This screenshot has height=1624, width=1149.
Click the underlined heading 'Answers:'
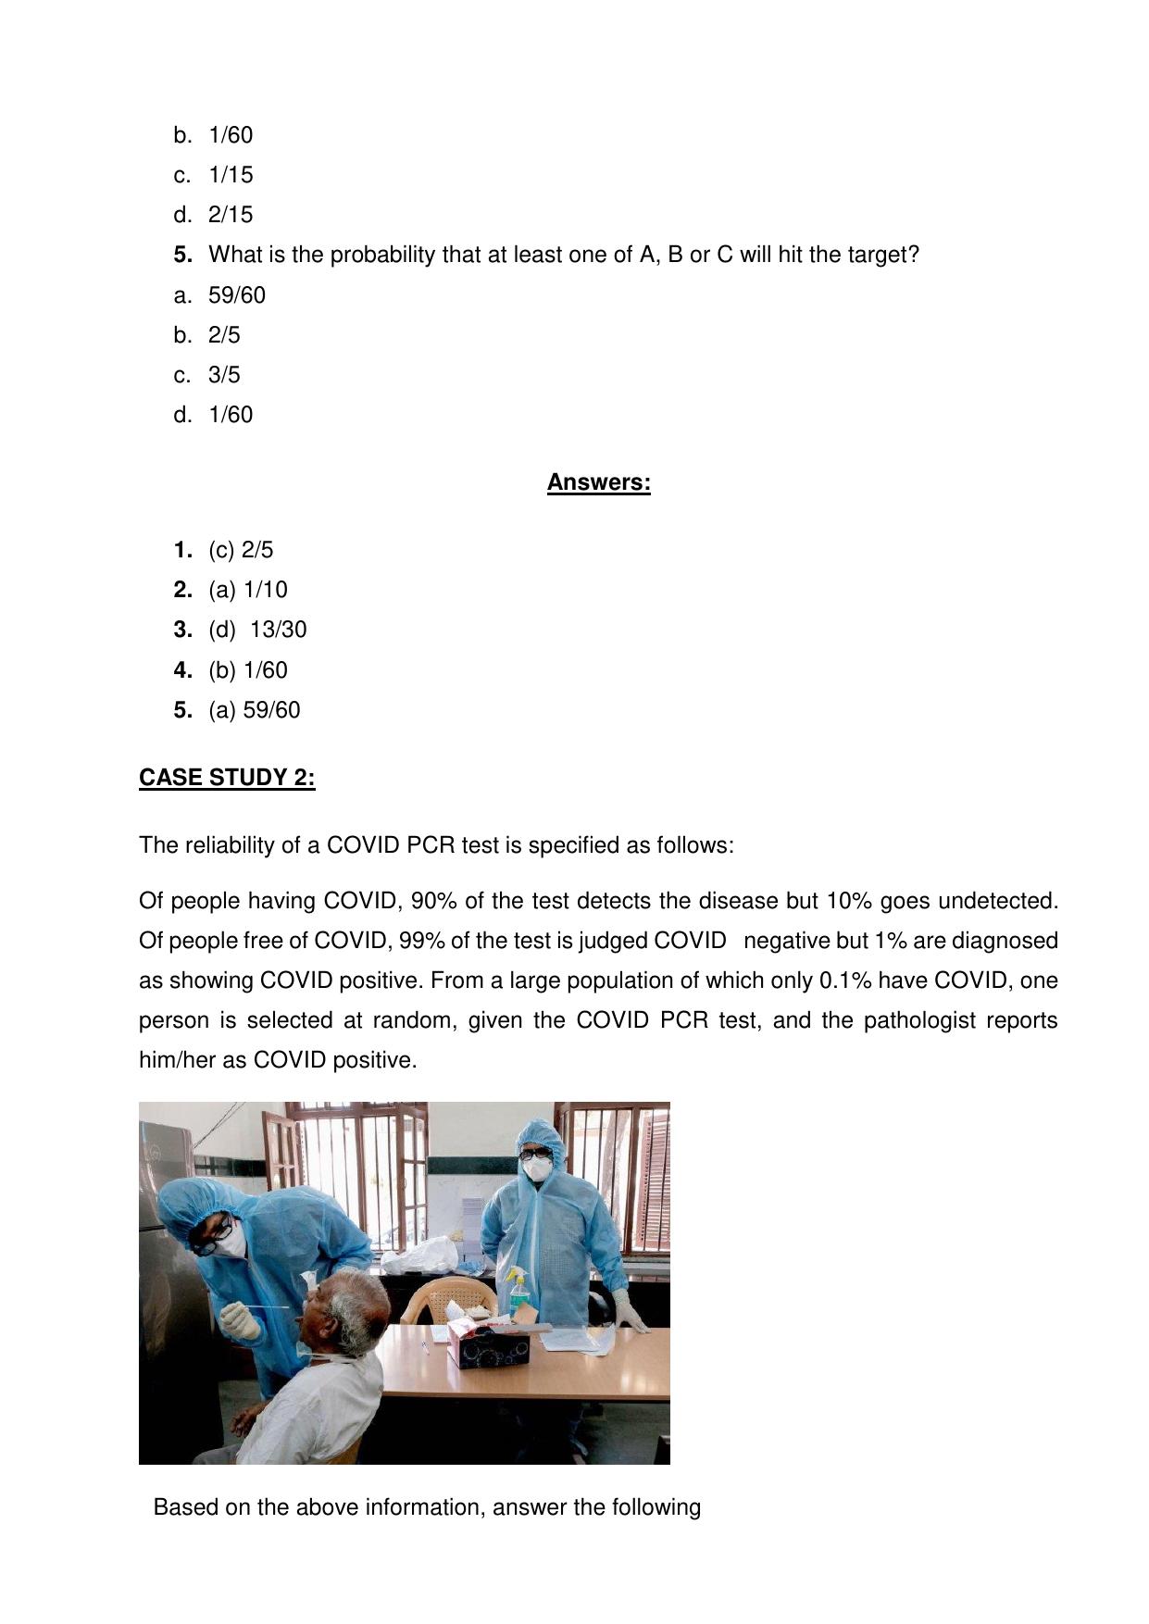point(598,482)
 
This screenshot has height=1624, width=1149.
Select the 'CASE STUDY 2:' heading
point(227,778)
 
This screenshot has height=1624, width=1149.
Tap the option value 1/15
point(231,175)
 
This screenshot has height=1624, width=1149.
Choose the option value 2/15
point(231,215)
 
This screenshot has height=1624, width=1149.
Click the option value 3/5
point(224,375)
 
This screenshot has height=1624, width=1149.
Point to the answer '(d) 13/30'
point(257,630)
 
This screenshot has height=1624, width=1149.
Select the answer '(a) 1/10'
point(248,590)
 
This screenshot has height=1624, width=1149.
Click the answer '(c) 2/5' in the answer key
point(241,550)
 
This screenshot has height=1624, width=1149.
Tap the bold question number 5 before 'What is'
point(182,255)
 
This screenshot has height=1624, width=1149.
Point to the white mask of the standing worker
point(536,1168)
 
